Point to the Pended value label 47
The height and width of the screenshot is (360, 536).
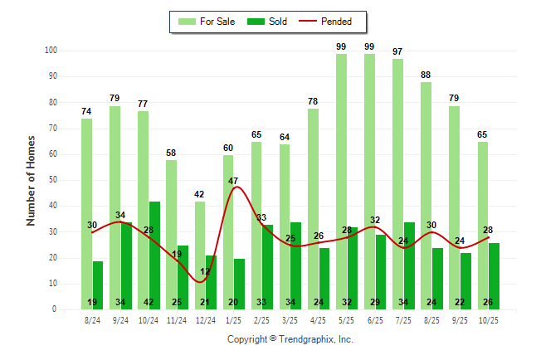click(233, 181)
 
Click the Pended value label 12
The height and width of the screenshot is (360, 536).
click(205, 271)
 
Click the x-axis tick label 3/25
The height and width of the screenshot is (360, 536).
click(290, 319)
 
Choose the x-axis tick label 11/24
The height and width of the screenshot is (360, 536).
click(178, 319)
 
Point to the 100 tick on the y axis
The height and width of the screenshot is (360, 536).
click(51, 51)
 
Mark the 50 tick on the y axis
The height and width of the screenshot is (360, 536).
click(52, 180)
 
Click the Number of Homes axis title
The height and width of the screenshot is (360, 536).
click(31, 180)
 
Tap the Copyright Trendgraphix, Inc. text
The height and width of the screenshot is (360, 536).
click(290, 339)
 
